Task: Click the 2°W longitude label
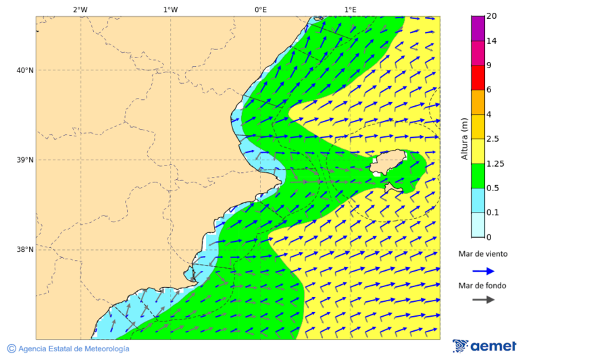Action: pos(80,9)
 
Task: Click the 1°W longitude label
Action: pos(170,9)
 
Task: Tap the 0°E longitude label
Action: pos(260,9)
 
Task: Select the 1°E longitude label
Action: pos(350,9)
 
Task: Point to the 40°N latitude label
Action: pos(24,70)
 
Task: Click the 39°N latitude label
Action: pos(24,160)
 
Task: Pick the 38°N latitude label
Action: pos(24,250)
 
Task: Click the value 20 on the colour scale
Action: pos(492,16)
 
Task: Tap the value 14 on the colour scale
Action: pos(492,41)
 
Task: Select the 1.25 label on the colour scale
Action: pos(496,163)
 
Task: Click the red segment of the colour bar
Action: pos(478,78)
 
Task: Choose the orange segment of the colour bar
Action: pos(478,102)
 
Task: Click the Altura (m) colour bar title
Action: pos(464,138)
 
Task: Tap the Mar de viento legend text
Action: pos(482,254)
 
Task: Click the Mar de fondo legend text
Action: pos(482,285)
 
